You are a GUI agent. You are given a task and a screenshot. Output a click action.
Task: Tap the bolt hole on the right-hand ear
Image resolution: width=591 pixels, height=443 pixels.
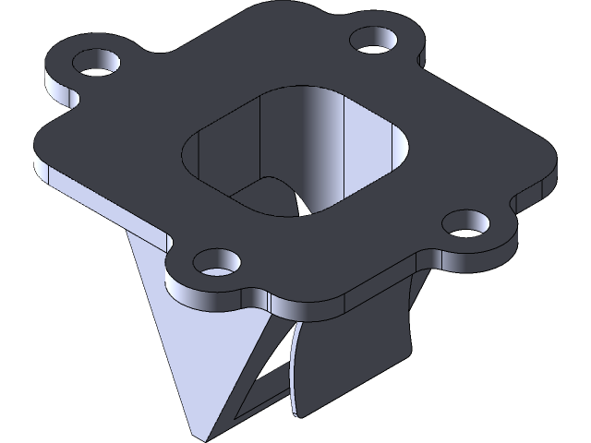(x=466, y=222)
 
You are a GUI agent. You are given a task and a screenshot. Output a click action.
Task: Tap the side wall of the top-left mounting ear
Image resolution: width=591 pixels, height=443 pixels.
(x=59, y=92)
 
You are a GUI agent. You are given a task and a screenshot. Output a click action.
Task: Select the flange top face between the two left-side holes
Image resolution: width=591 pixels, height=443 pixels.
(x=139, y=157)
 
